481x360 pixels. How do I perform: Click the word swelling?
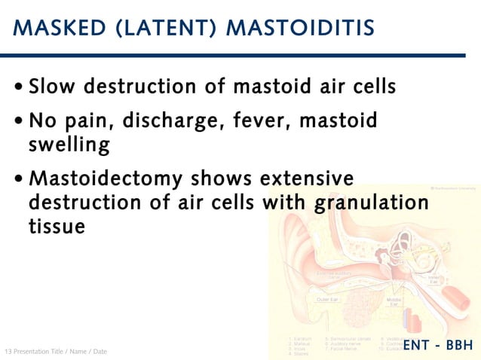(x=69, y=144)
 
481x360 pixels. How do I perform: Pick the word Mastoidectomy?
(x=105, y=179)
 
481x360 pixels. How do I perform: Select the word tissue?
(x=57, y=225)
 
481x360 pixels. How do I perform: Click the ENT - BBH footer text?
(x=437, y=346)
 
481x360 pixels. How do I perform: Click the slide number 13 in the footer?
(x=8, y=352)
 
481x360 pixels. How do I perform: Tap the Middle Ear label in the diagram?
(x=393, y=301)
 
